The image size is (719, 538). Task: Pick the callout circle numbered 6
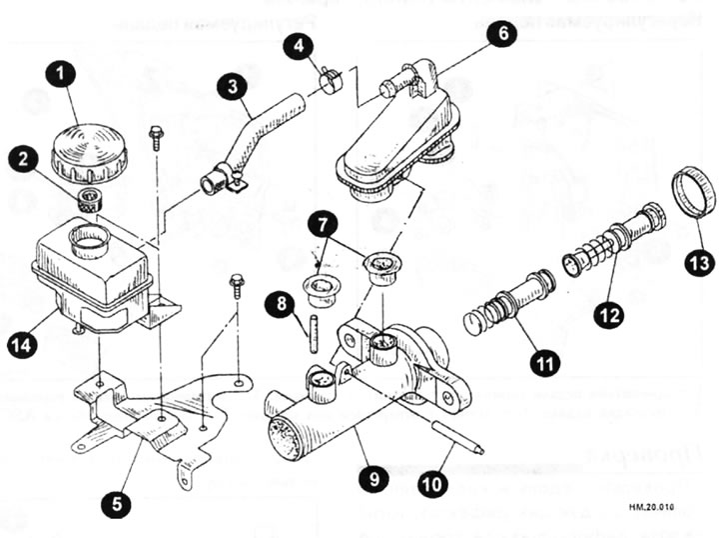coord(503,33)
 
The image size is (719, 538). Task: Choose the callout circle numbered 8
coord(284,301)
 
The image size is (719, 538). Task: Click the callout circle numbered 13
coord(699,263)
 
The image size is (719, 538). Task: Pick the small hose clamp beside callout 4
coord(331,75)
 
